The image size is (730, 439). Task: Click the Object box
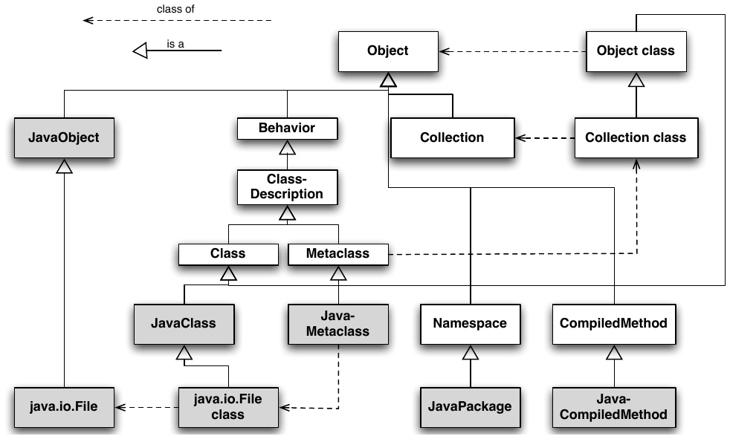pos(388,51)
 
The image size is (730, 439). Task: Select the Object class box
pos(636,51)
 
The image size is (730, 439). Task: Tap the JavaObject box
pos(64,137)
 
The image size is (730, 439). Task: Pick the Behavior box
pos(287,129)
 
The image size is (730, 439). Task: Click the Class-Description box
pos(287,187)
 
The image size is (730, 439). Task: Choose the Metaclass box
pos(338,254)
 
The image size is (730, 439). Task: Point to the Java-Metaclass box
pos(338,324)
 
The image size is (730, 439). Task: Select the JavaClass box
pos(184,324)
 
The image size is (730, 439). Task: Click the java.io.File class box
pos(228,407)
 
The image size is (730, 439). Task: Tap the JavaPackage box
pos(471,407)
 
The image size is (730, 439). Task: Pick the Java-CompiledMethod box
pos(614,407)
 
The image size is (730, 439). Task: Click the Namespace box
pos(471,324)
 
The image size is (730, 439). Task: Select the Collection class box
pos(636,137)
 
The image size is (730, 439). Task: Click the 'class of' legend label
pos(175,9)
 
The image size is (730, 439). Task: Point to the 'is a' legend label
pos(175,44)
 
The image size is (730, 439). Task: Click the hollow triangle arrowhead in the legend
pos(140,51)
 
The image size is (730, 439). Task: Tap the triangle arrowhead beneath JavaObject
pos(64,166)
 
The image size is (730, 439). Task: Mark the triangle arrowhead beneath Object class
pos(636,80)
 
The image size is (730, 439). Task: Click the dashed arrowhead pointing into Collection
pos(521,138)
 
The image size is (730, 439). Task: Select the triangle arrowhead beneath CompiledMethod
pos(614,353)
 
